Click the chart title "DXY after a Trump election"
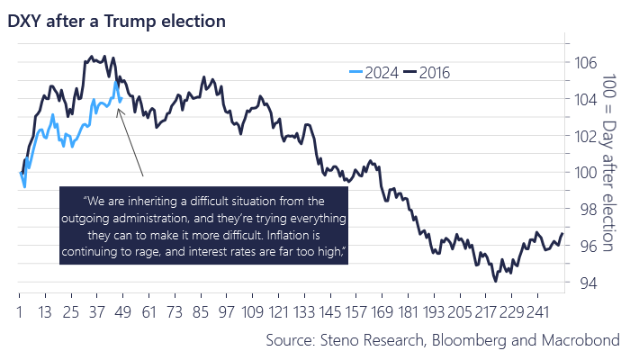tap(116, 22)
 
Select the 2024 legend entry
tap(373, 73)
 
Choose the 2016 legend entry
tap(427, 73)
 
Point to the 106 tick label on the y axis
tap(586, 63)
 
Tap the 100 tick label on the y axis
tap(586, 173)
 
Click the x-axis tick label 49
tap(123, 311)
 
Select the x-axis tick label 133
tap(304, 311)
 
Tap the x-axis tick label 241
tap(537, 311)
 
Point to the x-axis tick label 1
tap(19, 311)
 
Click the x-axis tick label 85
tap(201, 311)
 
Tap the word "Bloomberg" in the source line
tap(469, 340)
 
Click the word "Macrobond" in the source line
tap(580, 340)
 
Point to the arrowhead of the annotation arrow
tap(118, 109)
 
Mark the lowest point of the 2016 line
tap(495, 281)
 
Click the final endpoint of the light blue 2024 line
tap(121, 97)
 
